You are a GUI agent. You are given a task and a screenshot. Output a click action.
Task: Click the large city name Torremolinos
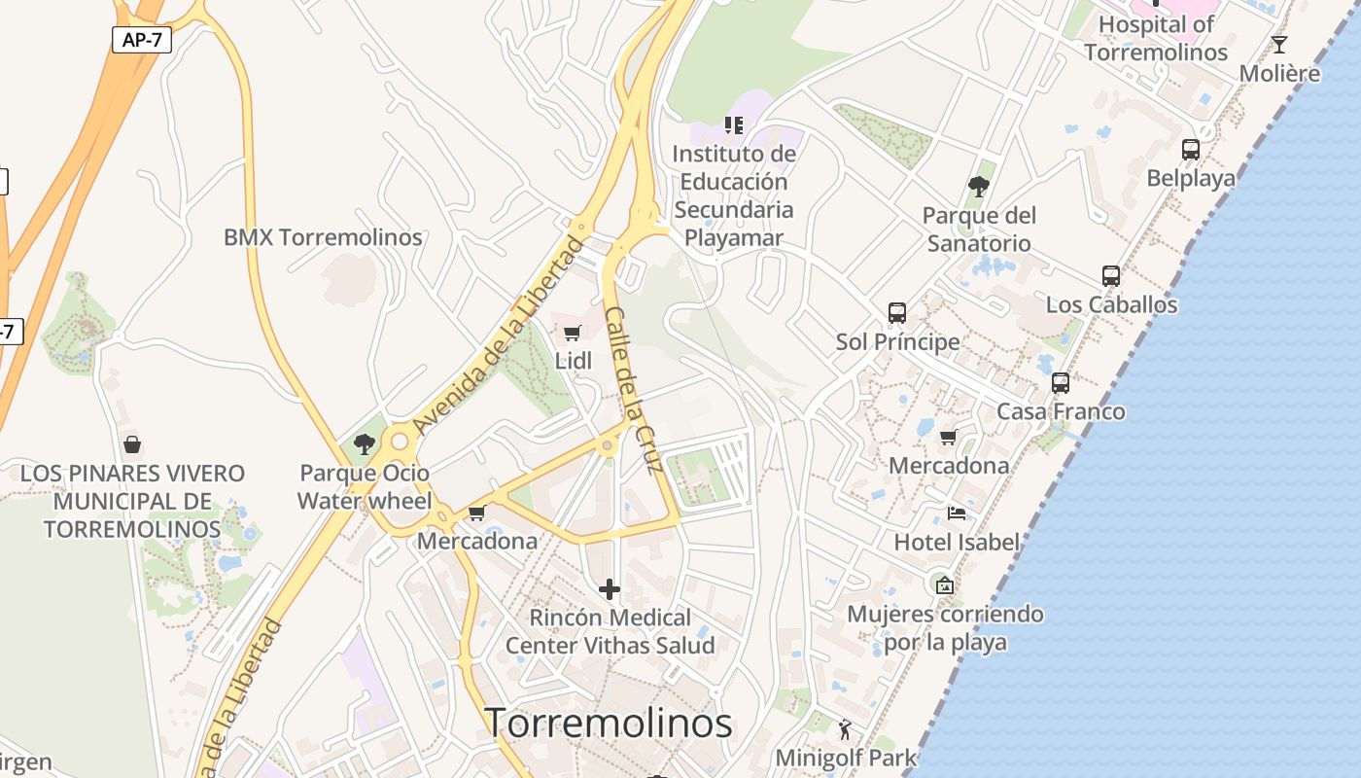(x=608, y=723)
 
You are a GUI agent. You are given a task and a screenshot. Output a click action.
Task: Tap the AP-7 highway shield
(x=141, y=40)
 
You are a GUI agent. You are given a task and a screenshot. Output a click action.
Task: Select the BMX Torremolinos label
(x=323, y=237)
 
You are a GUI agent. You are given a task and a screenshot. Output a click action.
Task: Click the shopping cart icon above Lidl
(x=573, y=334)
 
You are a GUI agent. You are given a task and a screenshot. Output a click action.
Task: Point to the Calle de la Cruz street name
(x=634, y=389)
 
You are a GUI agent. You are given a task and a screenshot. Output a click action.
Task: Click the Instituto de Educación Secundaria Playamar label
(x=734, y=195)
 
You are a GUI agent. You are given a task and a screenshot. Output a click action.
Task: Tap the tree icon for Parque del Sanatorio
(x=979, y=186)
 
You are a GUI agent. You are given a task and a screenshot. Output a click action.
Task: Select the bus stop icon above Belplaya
(x=1191, y=150)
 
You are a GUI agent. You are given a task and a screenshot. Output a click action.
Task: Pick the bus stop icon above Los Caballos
(x=1111, y=276)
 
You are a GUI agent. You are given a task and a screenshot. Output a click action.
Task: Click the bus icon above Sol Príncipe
(x=897, y=313)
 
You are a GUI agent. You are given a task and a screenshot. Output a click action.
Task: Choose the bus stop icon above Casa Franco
(x=1061, y=383)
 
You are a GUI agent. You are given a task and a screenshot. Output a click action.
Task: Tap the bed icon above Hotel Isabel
(x=957, y=513)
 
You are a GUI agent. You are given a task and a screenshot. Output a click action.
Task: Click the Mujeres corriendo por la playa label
(x=945, y=628)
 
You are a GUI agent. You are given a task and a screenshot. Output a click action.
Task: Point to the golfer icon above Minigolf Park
(x=845, y=728)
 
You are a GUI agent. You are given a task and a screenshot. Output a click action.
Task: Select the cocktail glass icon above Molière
(x=1279, y=45)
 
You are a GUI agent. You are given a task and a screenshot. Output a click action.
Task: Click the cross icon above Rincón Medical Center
(x=610, y=589)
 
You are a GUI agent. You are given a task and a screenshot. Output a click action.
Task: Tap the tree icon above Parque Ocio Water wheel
(x=365, y=444)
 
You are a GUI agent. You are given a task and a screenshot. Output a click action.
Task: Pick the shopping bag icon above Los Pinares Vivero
(x=132, y=444)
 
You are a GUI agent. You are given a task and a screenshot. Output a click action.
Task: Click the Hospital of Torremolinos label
(x=1156, y=38)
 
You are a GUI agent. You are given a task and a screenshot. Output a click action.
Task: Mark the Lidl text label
(x=573, y=361)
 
